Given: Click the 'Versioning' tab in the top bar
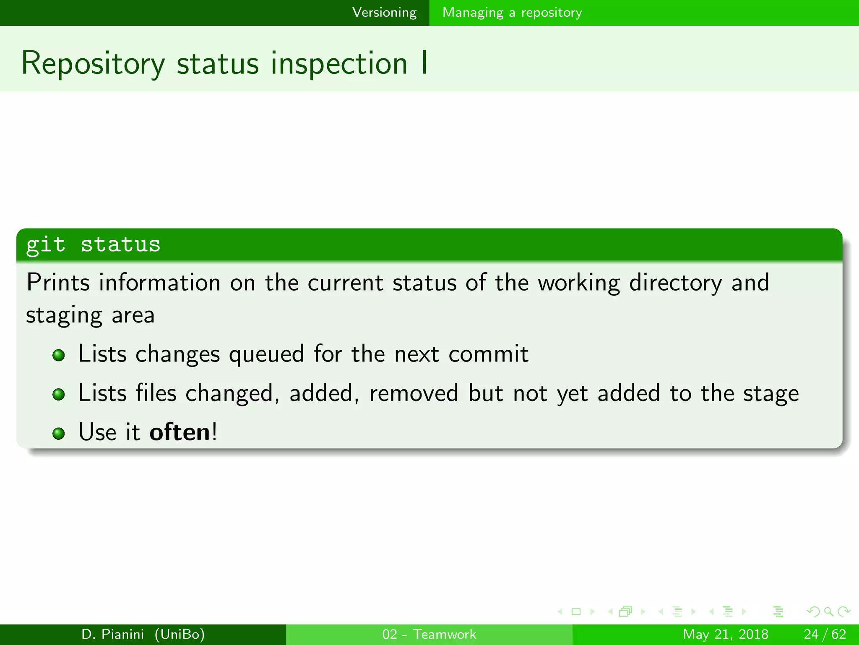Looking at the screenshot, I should click(x=384, y=12).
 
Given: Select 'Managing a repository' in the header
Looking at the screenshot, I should click(x=512, y=12).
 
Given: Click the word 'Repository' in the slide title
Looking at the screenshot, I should click(x=93, y=64).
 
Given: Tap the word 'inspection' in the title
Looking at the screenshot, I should click(x=339, y=64).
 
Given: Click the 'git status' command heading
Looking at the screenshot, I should click(x=93, y=244).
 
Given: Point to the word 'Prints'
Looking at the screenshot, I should click(x=58, y=282).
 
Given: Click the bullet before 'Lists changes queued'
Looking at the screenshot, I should click(x=59, y=355).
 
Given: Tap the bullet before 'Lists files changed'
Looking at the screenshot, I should click(x=59, y=394).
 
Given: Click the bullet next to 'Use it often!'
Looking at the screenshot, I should click(x=59, y=433).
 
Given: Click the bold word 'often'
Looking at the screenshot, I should click(x=180, y=432).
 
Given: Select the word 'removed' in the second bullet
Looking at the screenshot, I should click(x=414, y=393).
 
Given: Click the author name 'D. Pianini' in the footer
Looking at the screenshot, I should click(x=113, y=634).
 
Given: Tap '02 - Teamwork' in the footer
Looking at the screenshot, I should click(x=429, y=634).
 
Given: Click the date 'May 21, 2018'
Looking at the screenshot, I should click(x=726, y=634).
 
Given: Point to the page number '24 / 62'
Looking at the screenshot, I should click(x=825, y=634).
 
